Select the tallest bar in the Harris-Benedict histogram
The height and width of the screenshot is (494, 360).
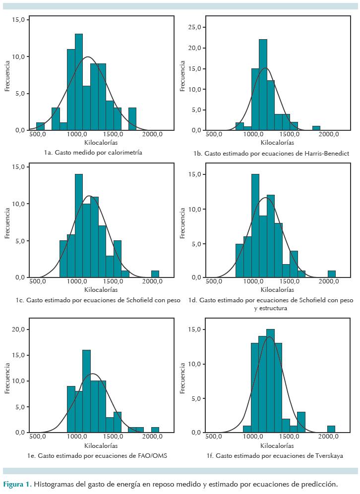tap(263, 84)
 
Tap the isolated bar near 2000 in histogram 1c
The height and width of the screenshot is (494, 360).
tap(155, 274)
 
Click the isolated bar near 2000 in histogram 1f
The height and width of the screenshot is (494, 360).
tap(331, 429)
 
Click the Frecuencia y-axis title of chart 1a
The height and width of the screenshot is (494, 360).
tap(7, 75)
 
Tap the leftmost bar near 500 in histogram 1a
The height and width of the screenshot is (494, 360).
tap(40, 126)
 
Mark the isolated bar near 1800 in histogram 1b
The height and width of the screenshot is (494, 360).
tap(316, 128)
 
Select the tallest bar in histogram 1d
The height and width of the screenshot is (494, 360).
tap(255, 225)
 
